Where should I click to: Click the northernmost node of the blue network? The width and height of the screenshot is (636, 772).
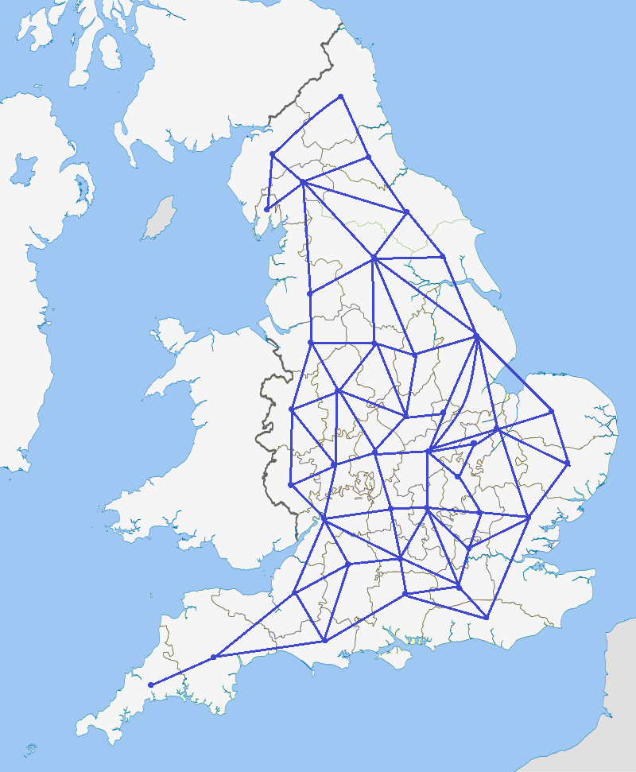tap(340, 96)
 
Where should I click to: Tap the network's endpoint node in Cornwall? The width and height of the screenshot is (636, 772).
tap(150, 685)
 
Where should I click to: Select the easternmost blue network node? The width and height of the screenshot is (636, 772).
tap(568, 463)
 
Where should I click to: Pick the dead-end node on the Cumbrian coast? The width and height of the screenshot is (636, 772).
tap(267, 209)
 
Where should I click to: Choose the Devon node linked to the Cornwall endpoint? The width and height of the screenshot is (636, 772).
tap(213, 657)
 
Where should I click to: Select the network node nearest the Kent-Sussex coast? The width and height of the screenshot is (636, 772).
tap(486, 617)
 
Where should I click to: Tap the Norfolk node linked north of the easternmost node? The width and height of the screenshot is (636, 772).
tap(551, 411)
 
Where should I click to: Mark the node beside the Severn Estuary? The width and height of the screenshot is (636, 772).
tap(323, 519)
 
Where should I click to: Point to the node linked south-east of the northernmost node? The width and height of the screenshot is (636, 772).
tap(368, 157)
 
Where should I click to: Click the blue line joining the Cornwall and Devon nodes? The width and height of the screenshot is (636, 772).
tap(181, 671)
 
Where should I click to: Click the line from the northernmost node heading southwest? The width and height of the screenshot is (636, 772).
tap(306, 125)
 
